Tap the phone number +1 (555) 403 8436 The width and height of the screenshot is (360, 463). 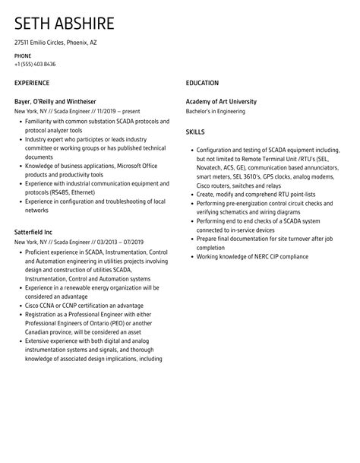tap(35, 64)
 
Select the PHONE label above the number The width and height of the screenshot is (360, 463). tap(24, 55)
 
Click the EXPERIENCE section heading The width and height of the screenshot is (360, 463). tap(32, 82)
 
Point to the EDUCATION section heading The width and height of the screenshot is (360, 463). tap(202, 82)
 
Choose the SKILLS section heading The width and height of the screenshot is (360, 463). tap(196, 131)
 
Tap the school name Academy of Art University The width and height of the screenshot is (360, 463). tap(221, 101)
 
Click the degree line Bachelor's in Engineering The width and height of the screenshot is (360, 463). tap(216, 111)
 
